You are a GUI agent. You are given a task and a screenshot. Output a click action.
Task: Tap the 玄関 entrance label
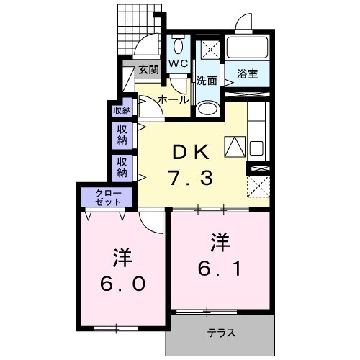[148, 71]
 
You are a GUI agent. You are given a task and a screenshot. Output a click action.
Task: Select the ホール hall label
[173, 100]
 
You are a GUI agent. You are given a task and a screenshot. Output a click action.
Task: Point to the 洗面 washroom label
[207, 81]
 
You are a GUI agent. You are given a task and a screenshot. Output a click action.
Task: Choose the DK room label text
[192, 153]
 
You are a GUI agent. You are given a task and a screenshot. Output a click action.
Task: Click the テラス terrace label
[222, 333]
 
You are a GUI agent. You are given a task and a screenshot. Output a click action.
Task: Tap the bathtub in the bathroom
[248, 49]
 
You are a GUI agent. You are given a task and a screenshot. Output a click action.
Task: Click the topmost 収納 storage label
[122, 110]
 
